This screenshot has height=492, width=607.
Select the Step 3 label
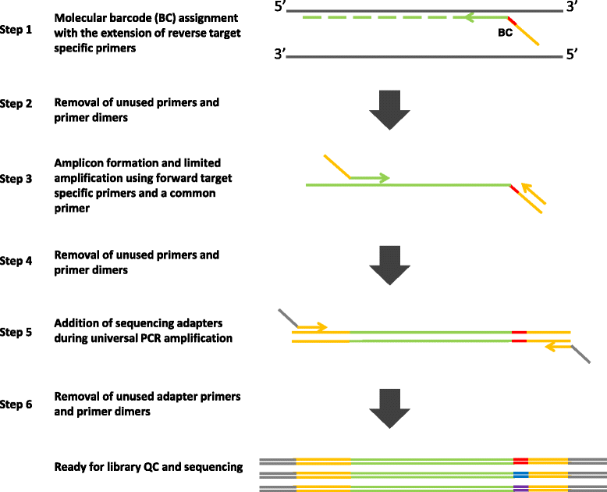[16, 179]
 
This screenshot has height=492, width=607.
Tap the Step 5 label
[16, 331]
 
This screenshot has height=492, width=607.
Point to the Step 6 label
[16, 404]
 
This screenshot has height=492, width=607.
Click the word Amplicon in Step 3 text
[78, 163]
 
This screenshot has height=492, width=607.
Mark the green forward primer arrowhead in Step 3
[385, 178]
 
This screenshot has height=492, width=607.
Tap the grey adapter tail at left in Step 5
[287, 319]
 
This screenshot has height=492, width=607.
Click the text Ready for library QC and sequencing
[148, 467]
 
